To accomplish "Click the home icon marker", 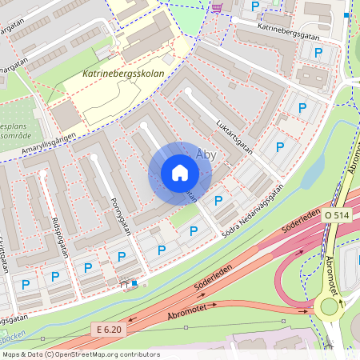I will pos(180,173).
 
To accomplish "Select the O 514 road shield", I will pos(338,216).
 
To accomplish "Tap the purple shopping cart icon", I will pos(217,7).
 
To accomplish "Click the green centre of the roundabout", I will pos(328,305).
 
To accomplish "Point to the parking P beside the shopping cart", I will pos(255,6).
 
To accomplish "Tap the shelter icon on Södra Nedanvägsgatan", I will pos(123,282).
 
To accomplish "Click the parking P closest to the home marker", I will pos(218,200).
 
